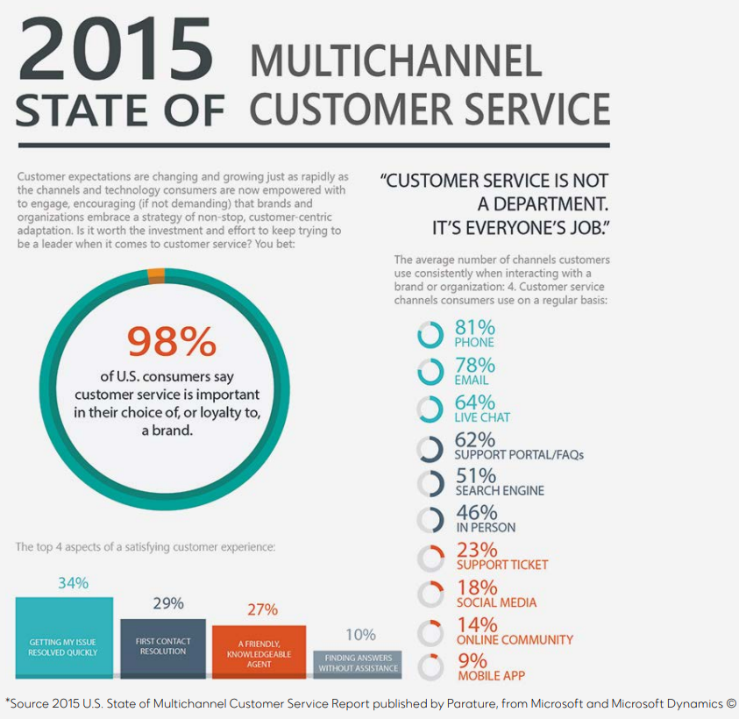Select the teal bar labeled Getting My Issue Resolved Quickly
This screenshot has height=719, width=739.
(64, 637)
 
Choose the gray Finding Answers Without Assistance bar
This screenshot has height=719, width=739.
(358, 663)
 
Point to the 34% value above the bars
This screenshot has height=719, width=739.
(73, 583)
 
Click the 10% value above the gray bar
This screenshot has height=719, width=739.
(360, 635)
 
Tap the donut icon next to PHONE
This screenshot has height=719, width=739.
(430, 334)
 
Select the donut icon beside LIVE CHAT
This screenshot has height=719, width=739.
(430, 409)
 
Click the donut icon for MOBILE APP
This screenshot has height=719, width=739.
(430, 667)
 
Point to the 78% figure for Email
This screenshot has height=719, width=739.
(475, 365)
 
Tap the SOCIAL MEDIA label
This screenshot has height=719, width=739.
(496, 602)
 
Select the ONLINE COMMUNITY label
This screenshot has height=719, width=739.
(515, 640)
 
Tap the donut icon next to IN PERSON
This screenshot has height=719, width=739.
(430, 519)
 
